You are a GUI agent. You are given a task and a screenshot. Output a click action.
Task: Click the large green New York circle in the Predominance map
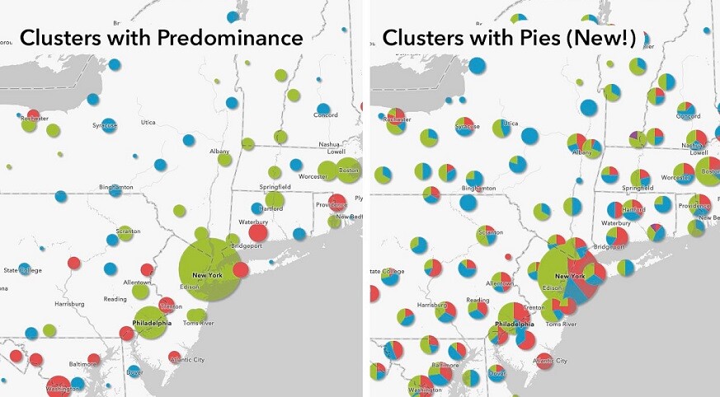207,270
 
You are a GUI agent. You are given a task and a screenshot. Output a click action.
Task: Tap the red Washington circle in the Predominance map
59,386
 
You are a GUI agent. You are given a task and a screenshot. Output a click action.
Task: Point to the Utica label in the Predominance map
147,123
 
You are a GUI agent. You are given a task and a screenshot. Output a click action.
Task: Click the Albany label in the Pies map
582,152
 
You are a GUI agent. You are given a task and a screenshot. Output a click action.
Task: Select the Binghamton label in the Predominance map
115,188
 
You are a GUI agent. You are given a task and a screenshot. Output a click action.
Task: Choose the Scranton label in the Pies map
490,232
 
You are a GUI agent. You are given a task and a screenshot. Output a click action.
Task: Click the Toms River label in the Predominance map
200,324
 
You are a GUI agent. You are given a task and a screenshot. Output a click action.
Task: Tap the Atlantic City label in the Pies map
549,361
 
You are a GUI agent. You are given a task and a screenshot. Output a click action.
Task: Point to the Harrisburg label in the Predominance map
68,304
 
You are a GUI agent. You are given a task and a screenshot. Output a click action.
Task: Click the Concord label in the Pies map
688,116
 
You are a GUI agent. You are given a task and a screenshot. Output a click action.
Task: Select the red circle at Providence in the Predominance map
337,202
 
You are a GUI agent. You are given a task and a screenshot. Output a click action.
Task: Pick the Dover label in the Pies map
496,373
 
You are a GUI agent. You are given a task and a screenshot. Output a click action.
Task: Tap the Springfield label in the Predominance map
274,188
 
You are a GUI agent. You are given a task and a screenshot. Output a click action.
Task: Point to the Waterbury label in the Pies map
617,223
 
